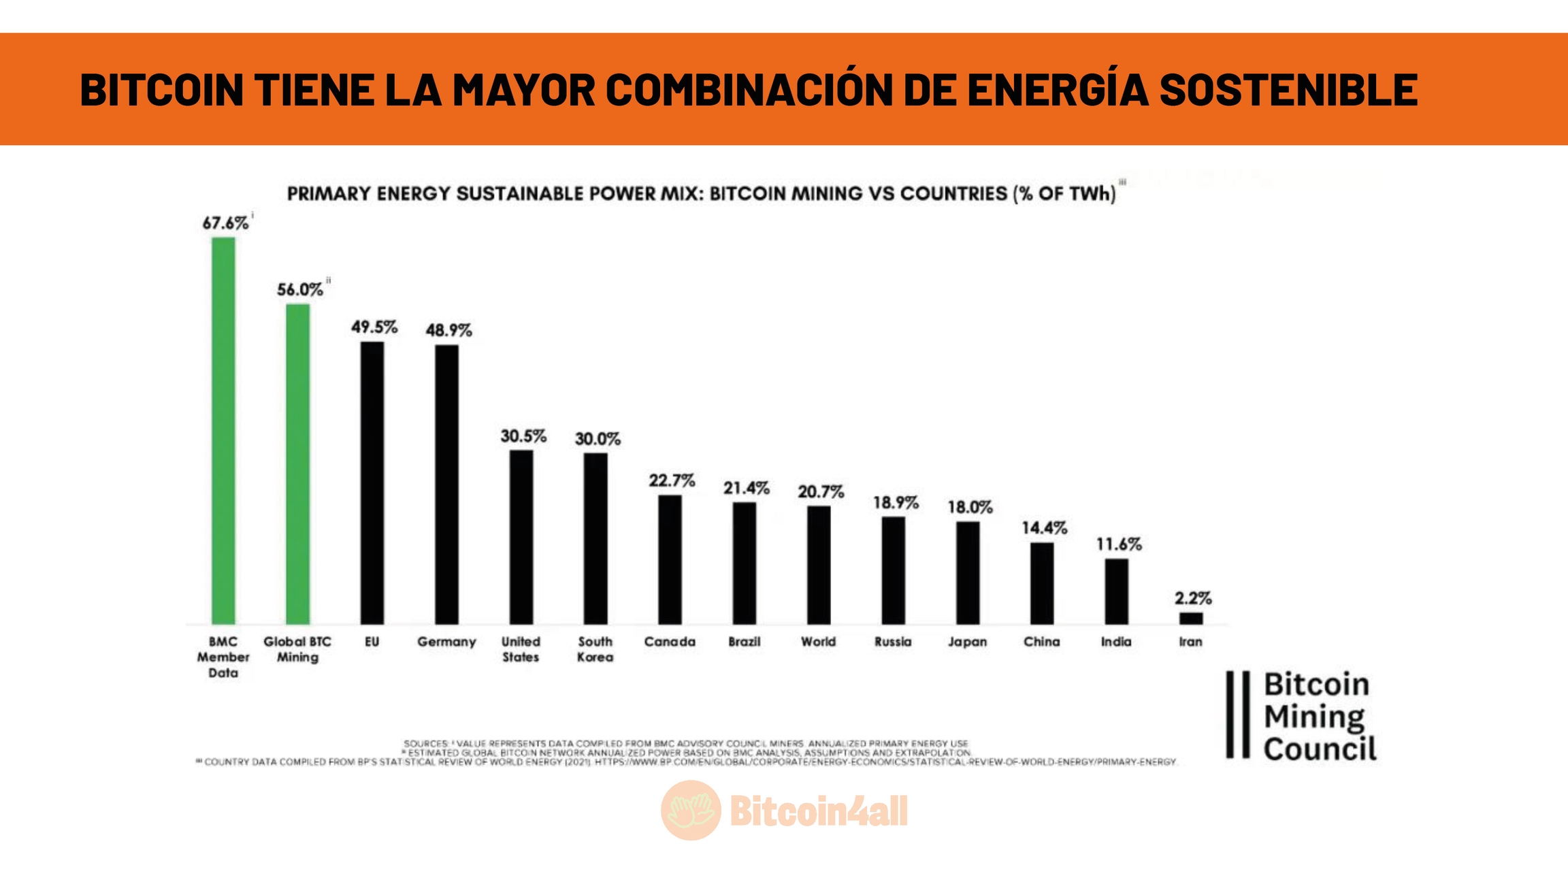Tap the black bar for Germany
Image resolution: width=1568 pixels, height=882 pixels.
click(446, 484)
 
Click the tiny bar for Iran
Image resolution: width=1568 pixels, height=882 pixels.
click(1191, 618)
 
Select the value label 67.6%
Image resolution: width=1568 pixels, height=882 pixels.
click(225, 223)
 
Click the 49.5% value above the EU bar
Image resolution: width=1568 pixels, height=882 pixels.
click(374, 327)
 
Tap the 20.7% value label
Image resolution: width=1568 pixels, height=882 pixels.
click(821, 491)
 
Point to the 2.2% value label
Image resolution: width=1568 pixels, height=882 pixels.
click(1192, 598)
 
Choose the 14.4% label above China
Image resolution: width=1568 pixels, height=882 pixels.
click(1044, 527)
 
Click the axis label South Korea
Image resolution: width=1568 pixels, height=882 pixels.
click(595, 649)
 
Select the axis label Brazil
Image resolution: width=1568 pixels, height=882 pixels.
click(744, 642)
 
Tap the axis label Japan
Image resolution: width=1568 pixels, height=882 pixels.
click(967, 642)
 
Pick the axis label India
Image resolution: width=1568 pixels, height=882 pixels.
click(1116, 642)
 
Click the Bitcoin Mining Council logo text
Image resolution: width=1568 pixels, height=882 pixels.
click(1318, 716)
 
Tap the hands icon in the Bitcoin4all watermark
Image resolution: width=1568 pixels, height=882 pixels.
click(691, 810)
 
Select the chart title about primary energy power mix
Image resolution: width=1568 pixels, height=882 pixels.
click(701, 194)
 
